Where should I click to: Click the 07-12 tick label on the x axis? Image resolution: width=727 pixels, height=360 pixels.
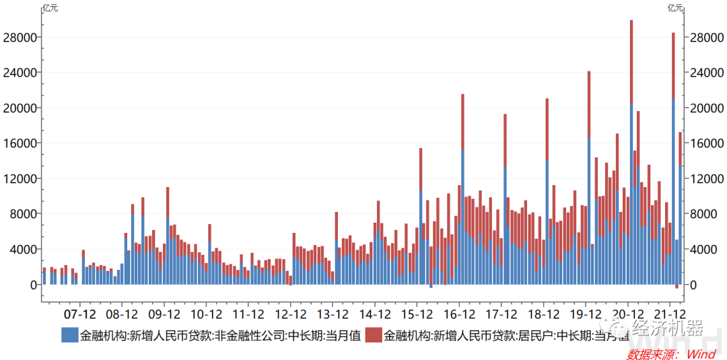click(x=80, y=314)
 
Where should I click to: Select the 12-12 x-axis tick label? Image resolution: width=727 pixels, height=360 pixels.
click(x=291, y=314)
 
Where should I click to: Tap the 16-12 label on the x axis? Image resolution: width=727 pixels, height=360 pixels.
click(x=459, y=314)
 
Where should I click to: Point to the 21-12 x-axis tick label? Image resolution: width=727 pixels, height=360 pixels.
click(x=670, y=314)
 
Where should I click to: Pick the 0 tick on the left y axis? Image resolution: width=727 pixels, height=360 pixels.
click(x=32, y=285)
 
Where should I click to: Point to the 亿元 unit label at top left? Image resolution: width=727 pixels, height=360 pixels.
click(x=51, y=8)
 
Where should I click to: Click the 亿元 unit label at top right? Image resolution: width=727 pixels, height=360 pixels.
click(x=675, y=8)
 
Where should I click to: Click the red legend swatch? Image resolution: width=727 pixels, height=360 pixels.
click(x=374, y=334)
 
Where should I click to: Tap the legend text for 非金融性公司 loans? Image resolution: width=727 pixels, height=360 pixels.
click(x=221, y=334)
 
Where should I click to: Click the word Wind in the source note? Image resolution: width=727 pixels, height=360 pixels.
click(x=701, y=353)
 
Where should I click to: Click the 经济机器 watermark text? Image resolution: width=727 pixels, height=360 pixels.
click(x=668, y=328)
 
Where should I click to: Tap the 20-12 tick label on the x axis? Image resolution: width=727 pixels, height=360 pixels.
click(x=627, y=314)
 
